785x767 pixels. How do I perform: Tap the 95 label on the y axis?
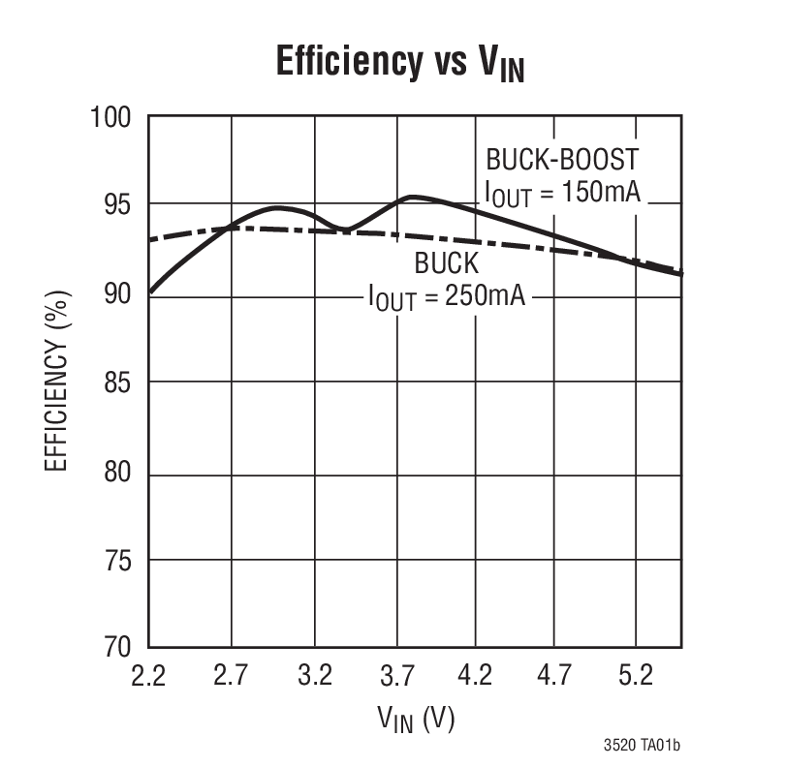[117, 205]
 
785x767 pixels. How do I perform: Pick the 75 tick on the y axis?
[117, 561]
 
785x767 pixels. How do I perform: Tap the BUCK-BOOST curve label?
[563, 159]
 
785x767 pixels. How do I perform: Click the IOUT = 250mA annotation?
[447, 296]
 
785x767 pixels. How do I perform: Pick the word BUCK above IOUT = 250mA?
[447, 263]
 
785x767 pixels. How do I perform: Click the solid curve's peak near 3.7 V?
[412, 197]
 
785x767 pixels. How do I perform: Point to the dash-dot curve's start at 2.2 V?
[150, 239]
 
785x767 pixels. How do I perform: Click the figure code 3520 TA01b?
[642, 746]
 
